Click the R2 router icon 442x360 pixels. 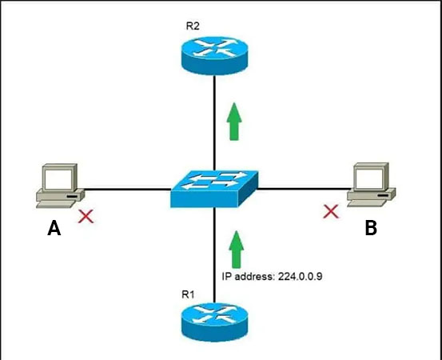(214, 55)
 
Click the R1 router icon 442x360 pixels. (214, 322)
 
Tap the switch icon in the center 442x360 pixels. (214, 189)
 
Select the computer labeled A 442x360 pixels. (60, 186)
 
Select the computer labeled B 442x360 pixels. (371, 185)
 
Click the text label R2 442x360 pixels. (193, 26)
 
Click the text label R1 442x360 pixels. (188, 294)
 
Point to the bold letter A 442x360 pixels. (54, 228)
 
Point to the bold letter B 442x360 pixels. (371, 228)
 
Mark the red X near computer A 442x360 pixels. (86, 217)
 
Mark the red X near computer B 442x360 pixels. (331, 211)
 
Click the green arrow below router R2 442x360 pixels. (234, 122)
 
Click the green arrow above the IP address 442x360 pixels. (237, 249)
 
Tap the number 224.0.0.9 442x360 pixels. (301, 277)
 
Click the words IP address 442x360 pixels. (248, 277)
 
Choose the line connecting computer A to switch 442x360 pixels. (127, 189)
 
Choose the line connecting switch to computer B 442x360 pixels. (304, 189)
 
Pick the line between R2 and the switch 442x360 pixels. (214, 122)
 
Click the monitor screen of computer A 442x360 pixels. (58, 179)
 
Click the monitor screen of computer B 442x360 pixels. (369, 178)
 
